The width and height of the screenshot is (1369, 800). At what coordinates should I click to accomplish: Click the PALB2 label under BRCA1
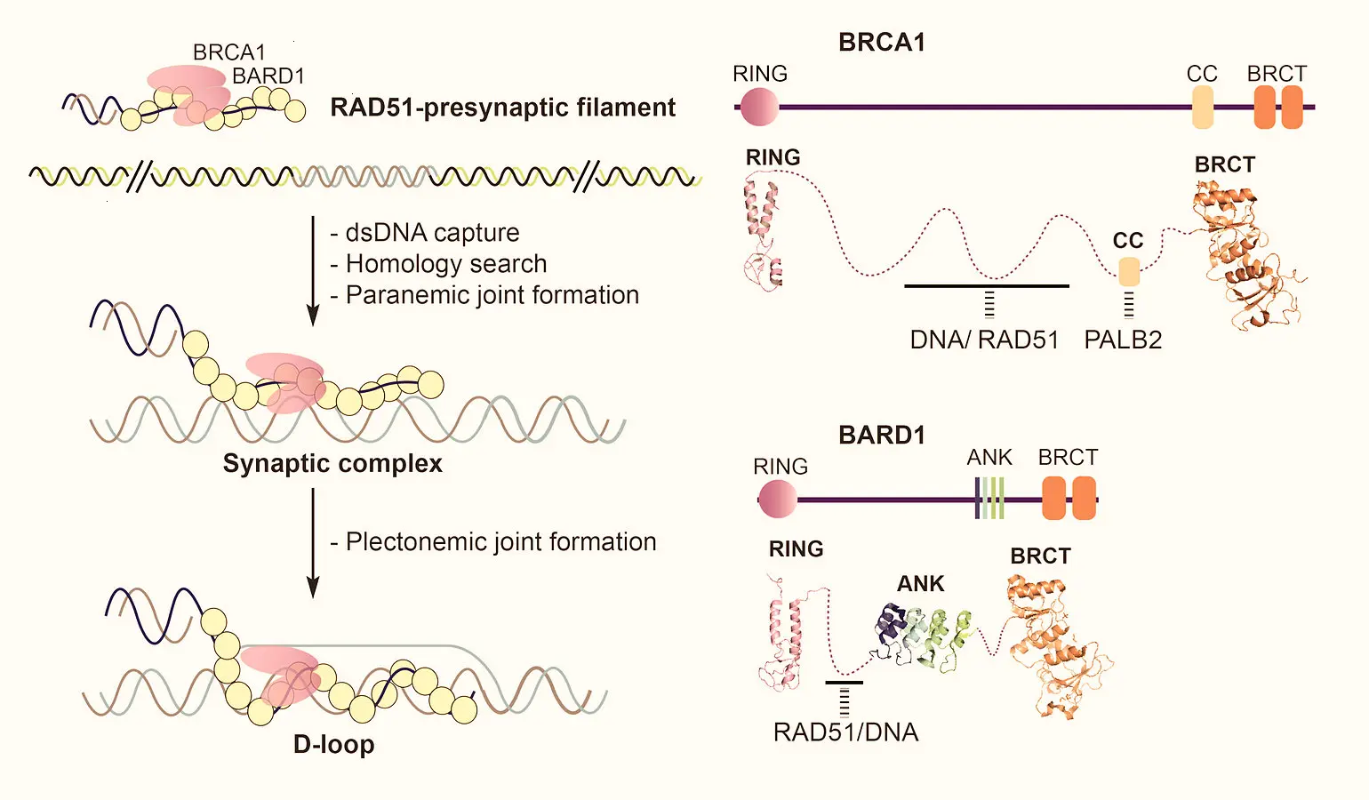pos(1123,340)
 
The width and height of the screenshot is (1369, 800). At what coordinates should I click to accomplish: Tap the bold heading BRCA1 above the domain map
pos(882,42)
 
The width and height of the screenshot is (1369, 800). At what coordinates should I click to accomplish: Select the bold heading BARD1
pos(882,435)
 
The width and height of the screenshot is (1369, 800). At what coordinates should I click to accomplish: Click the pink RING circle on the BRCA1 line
pos(758,107)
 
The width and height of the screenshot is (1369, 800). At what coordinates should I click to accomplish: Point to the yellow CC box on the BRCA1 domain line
pos(1202,108)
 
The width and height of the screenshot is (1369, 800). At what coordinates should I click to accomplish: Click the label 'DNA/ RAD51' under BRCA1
pos(984,340)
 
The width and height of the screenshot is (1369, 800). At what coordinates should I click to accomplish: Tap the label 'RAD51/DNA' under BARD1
pos(845,732)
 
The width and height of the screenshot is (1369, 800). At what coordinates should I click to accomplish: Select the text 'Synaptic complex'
pos(332,463)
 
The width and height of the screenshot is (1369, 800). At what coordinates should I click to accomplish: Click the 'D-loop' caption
pos(333,744)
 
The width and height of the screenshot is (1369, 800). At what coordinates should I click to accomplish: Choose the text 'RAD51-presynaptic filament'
pos(502,108)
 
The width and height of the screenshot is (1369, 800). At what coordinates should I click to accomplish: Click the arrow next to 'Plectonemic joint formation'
pos(313,542)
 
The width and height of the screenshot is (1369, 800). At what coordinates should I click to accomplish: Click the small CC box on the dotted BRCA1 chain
pos(1129,271)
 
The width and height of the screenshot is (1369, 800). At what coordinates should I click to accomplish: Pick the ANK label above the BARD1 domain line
pos(989,457)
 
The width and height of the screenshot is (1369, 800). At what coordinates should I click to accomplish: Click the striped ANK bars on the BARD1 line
pos(990,499)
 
